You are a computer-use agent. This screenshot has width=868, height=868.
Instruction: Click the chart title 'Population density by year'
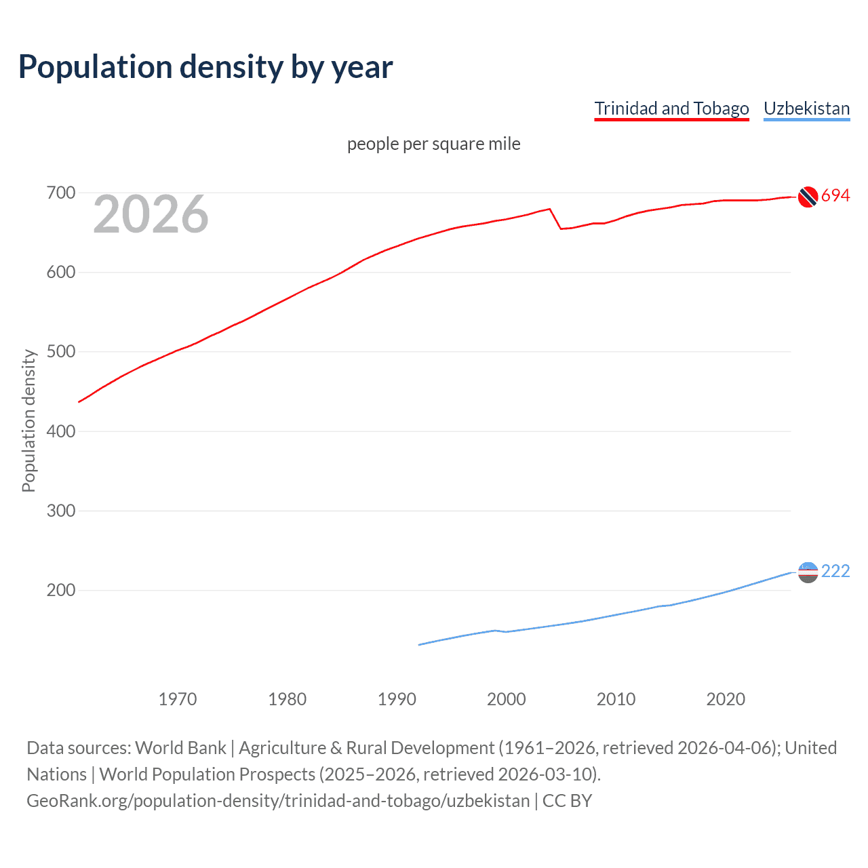pyautogui.click(x=205, y=67)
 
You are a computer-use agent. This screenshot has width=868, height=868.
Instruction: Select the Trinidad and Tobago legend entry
pyautogui.click(x=671, y=108)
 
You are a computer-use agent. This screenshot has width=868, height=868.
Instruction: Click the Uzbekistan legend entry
pyautogui.click(x=806, y=108)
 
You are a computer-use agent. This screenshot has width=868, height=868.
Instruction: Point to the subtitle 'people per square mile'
pyautogui.click(x=433, y=144)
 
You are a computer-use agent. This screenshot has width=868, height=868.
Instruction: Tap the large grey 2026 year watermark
pyautogui.click(x=151, y=214)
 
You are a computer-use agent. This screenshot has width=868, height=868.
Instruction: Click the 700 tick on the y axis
pyautogui.click(x=60, y=193)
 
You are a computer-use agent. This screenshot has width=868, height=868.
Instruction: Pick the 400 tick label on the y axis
pyautogui.click(x=60, y=431)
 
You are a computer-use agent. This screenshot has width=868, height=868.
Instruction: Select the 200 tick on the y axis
pyautogui.click(x=60, y=590)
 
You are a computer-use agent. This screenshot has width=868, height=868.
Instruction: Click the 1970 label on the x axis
pyautogui.click(x=178, y=699)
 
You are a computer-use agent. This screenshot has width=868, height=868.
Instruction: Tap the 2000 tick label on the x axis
pyautogui.click(x=506, y=699)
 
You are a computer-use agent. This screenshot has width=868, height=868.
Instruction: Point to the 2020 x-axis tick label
pyautogui.click(x=726, y=699)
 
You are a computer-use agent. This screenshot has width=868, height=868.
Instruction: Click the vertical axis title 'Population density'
pyautogui.click(x=28, y=420)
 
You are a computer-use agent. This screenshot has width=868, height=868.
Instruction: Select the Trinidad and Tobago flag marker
pyautogui.click(x=808, y=197)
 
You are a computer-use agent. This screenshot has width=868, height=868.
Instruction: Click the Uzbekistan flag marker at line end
pyautogui.click(x=808, y=572)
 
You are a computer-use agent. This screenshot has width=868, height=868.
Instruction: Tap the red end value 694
pyautogui.click(x=835, y=196)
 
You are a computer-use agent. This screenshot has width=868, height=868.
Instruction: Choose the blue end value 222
pyautogui.click(x=835, y=572)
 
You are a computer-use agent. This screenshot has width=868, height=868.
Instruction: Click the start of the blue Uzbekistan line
pyautogui.click(x=420, y=644)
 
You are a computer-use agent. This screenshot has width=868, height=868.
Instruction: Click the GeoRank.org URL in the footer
pyautogui.click(x=278, y=801)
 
